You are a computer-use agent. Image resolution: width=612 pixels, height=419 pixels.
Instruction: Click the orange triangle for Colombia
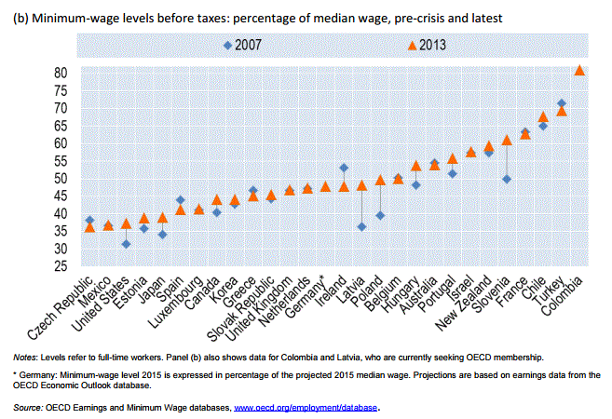[579, 70]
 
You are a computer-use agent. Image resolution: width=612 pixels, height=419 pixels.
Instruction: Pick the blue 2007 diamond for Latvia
[361, 226]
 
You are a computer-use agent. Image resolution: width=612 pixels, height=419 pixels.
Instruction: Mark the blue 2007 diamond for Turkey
[561, 103]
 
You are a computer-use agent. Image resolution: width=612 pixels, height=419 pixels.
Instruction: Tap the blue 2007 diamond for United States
[126, 244]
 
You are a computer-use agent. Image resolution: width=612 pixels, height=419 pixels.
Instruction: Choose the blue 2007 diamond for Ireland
[344, 168]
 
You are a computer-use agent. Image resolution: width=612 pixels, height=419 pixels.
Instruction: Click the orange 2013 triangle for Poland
[380, 180]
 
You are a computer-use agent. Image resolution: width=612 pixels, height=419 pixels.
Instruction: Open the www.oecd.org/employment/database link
[306, 407]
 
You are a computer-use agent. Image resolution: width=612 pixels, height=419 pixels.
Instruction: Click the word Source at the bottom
[27, 407]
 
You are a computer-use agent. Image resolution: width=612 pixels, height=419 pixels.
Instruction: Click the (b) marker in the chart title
[20, 17]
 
